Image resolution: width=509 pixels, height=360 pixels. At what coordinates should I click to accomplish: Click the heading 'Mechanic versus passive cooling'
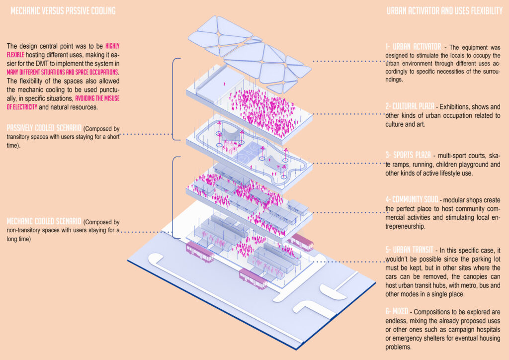click(63, 10)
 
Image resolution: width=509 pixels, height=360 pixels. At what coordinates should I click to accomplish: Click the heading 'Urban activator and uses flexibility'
click(444, 10)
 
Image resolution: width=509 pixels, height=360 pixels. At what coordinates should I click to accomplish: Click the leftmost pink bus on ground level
click(200, 252)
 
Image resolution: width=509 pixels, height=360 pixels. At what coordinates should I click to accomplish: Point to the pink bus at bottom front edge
click(253, 278)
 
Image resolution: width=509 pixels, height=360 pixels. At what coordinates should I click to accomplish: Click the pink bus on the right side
click(302, 242)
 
